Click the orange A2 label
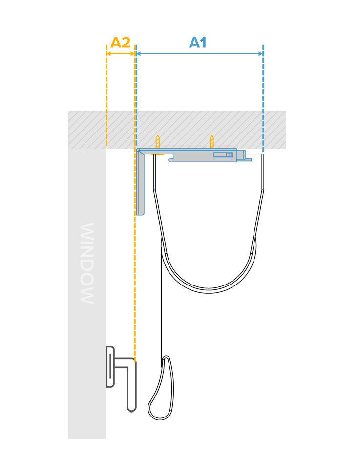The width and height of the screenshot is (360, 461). pos(120,43)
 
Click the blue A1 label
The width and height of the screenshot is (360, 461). pos(198,43)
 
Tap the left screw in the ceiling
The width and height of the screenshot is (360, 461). pos(158,142)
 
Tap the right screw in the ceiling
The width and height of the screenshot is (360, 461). pos(212,142)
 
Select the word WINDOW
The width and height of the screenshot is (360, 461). pos(87,263)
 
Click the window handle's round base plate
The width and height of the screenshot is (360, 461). pos(109,367)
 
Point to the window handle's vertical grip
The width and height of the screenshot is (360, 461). pos(131,385)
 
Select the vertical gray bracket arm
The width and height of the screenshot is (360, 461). pos(140,182)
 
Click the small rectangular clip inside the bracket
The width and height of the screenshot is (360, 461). pos(223,154)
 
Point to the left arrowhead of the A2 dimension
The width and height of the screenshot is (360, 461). pos(108,53)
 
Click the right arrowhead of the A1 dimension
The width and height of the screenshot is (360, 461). pos(261,53)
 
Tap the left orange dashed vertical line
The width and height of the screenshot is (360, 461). pos(106,95)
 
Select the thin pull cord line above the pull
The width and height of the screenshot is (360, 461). pos(161,303)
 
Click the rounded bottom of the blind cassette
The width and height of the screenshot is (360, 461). pos(209,291)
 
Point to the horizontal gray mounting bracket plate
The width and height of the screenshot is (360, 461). pos(188,155)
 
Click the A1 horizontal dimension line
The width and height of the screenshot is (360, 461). pos(200,53)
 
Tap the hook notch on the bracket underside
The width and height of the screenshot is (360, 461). pos(170,160)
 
